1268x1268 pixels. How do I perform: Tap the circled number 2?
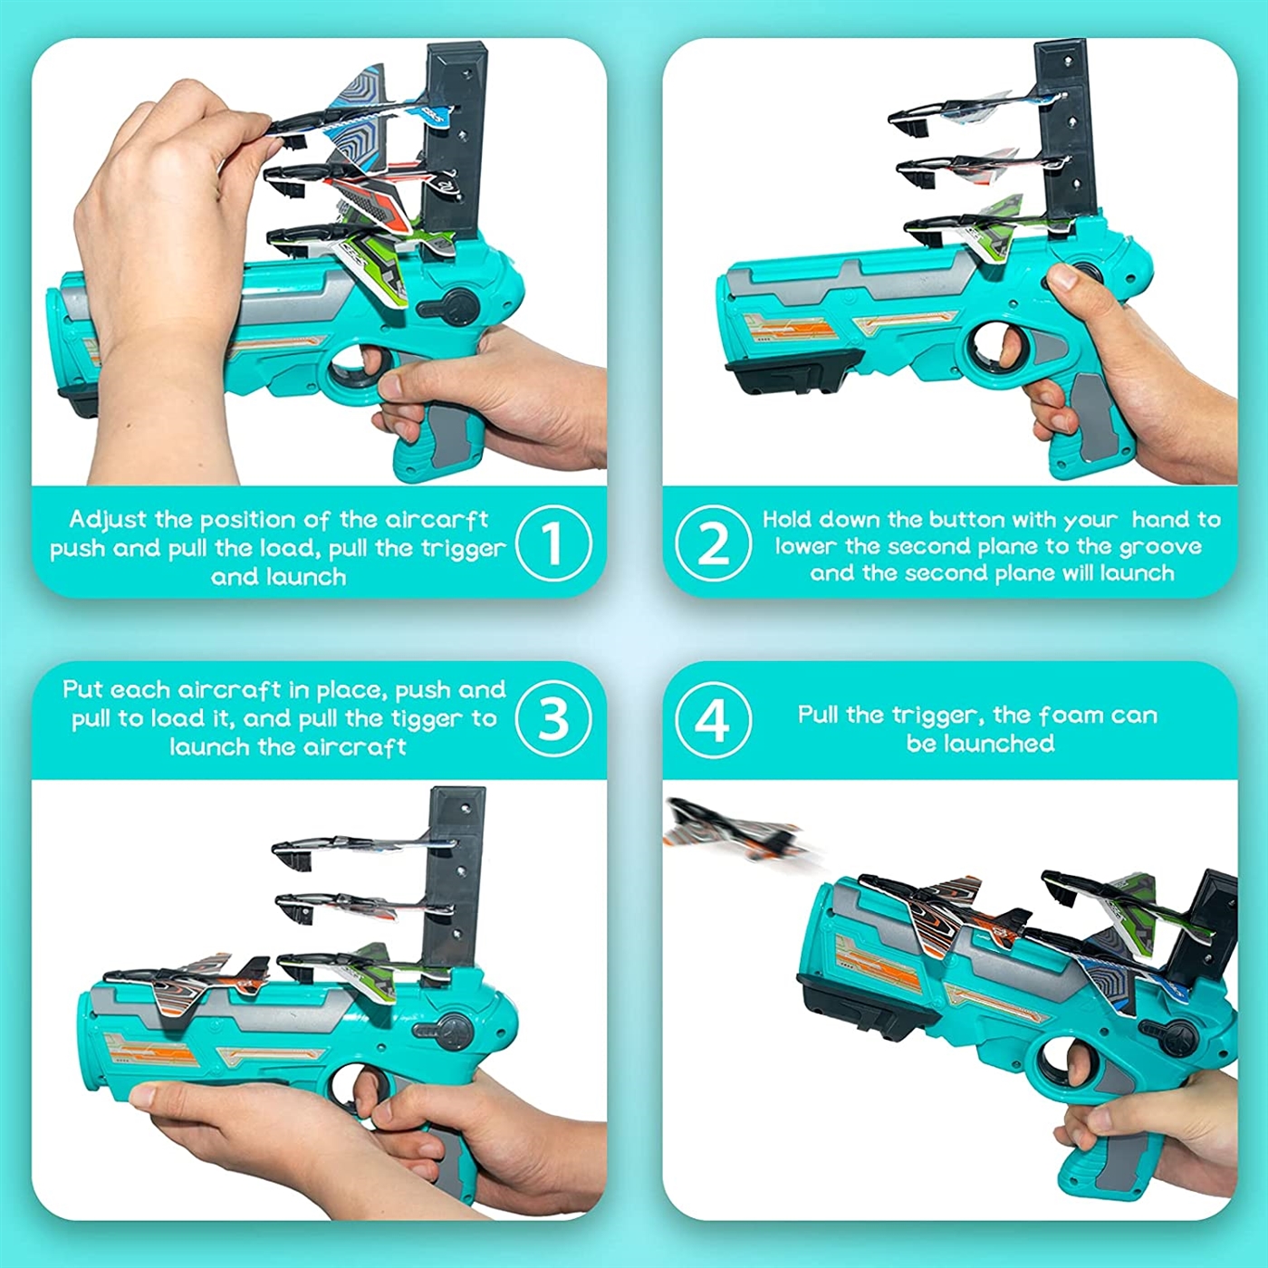[714, 544]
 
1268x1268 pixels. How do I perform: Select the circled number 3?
[553, 718]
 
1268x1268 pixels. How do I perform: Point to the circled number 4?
[714, 721]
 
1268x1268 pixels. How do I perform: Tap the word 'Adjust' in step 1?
[109, 521]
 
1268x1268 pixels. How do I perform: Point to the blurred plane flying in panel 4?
[734, 831]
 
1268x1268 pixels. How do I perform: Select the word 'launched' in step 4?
[981, 744]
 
